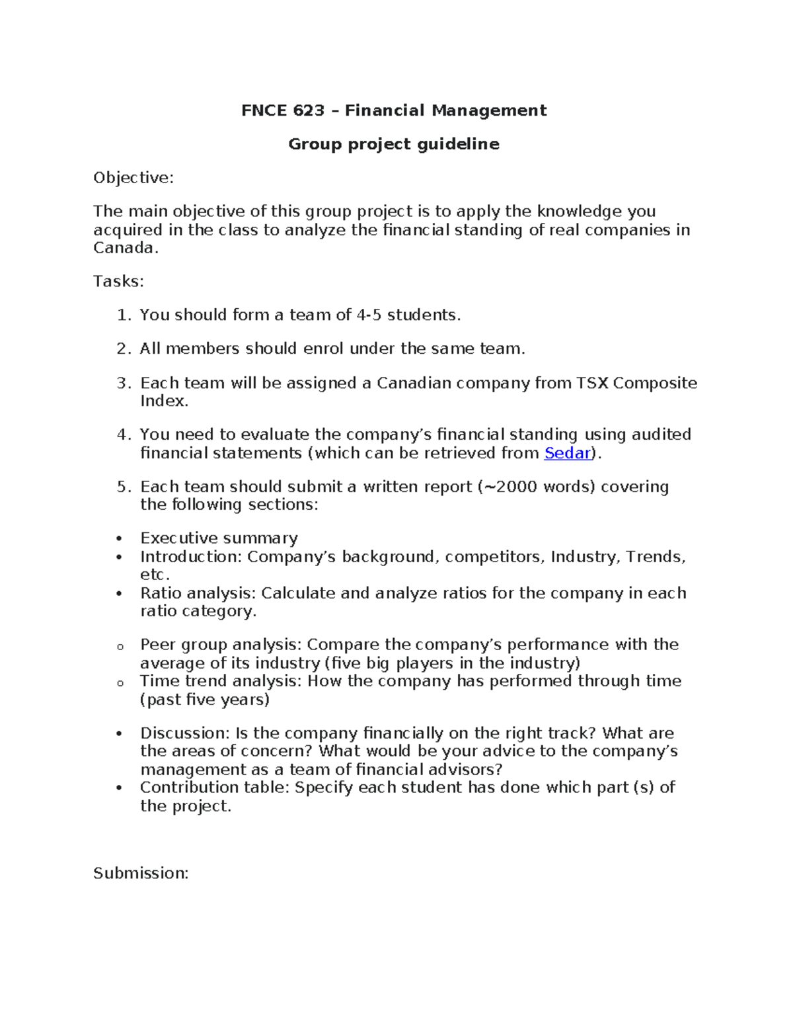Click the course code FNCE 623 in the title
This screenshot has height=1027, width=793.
(283, 110)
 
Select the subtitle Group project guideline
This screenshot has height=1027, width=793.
(394, 144)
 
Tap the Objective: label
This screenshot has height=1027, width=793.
(133, 178)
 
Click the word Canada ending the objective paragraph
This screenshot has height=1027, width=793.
(124, 248)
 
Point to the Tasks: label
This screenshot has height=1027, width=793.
(118, 282)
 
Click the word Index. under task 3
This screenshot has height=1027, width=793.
(165, 401)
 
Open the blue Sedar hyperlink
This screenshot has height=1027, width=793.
(566, 454)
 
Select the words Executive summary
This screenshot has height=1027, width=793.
(219, 538)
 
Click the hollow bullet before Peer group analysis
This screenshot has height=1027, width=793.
(120, 647)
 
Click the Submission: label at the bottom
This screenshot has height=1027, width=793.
(141, 874)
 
